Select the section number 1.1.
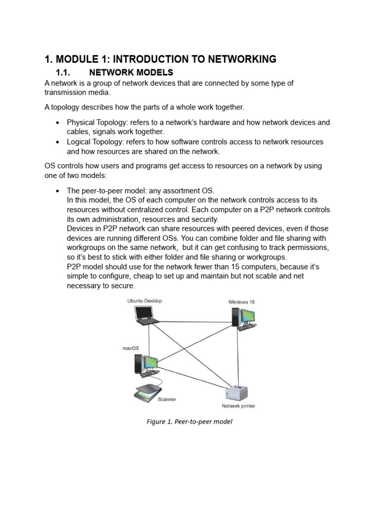click(x=65, y=73)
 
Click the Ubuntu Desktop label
click(x=144, y=301)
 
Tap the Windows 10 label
click(x=241, y=302)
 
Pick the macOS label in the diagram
click(x=131, y=348)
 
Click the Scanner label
click(x=166, y=399)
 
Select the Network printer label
click(x=238, y=406)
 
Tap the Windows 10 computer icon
click(x=242, y=318)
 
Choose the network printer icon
click(x=236, y=393)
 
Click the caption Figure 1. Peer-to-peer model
click(x=189, y=422)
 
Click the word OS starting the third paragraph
click(x=50, y=166)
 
